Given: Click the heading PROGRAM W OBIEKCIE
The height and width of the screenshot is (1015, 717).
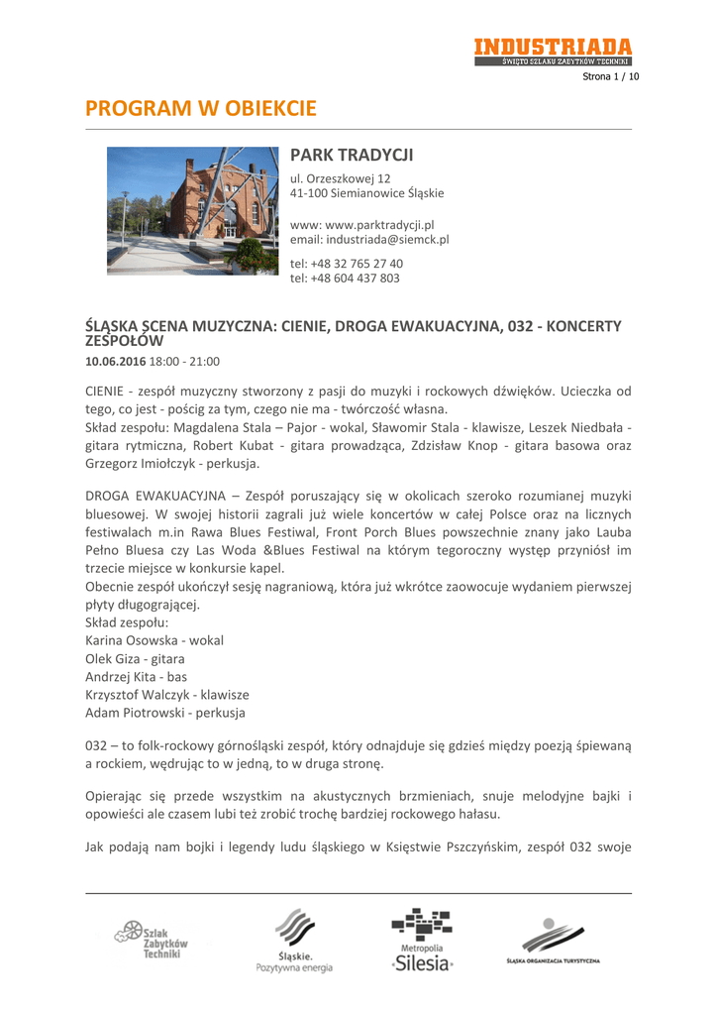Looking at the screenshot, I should [201, 107].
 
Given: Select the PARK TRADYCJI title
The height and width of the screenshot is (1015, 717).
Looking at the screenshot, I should [351, 156].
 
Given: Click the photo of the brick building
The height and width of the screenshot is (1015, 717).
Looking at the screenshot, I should [192, 210].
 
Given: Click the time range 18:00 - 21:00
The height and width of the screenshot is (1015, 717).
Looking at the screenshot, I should [184, 361].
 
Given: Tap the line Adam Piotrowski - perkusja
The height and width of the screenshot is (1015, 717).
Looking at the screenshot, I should [166, 712].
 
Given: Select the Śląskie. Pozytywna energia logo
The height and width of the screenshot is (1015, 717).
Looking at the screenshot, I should [294, 943].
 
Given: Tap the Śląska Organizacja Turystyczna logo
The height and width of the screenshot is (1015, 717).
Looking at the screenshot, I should [553, 942].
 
